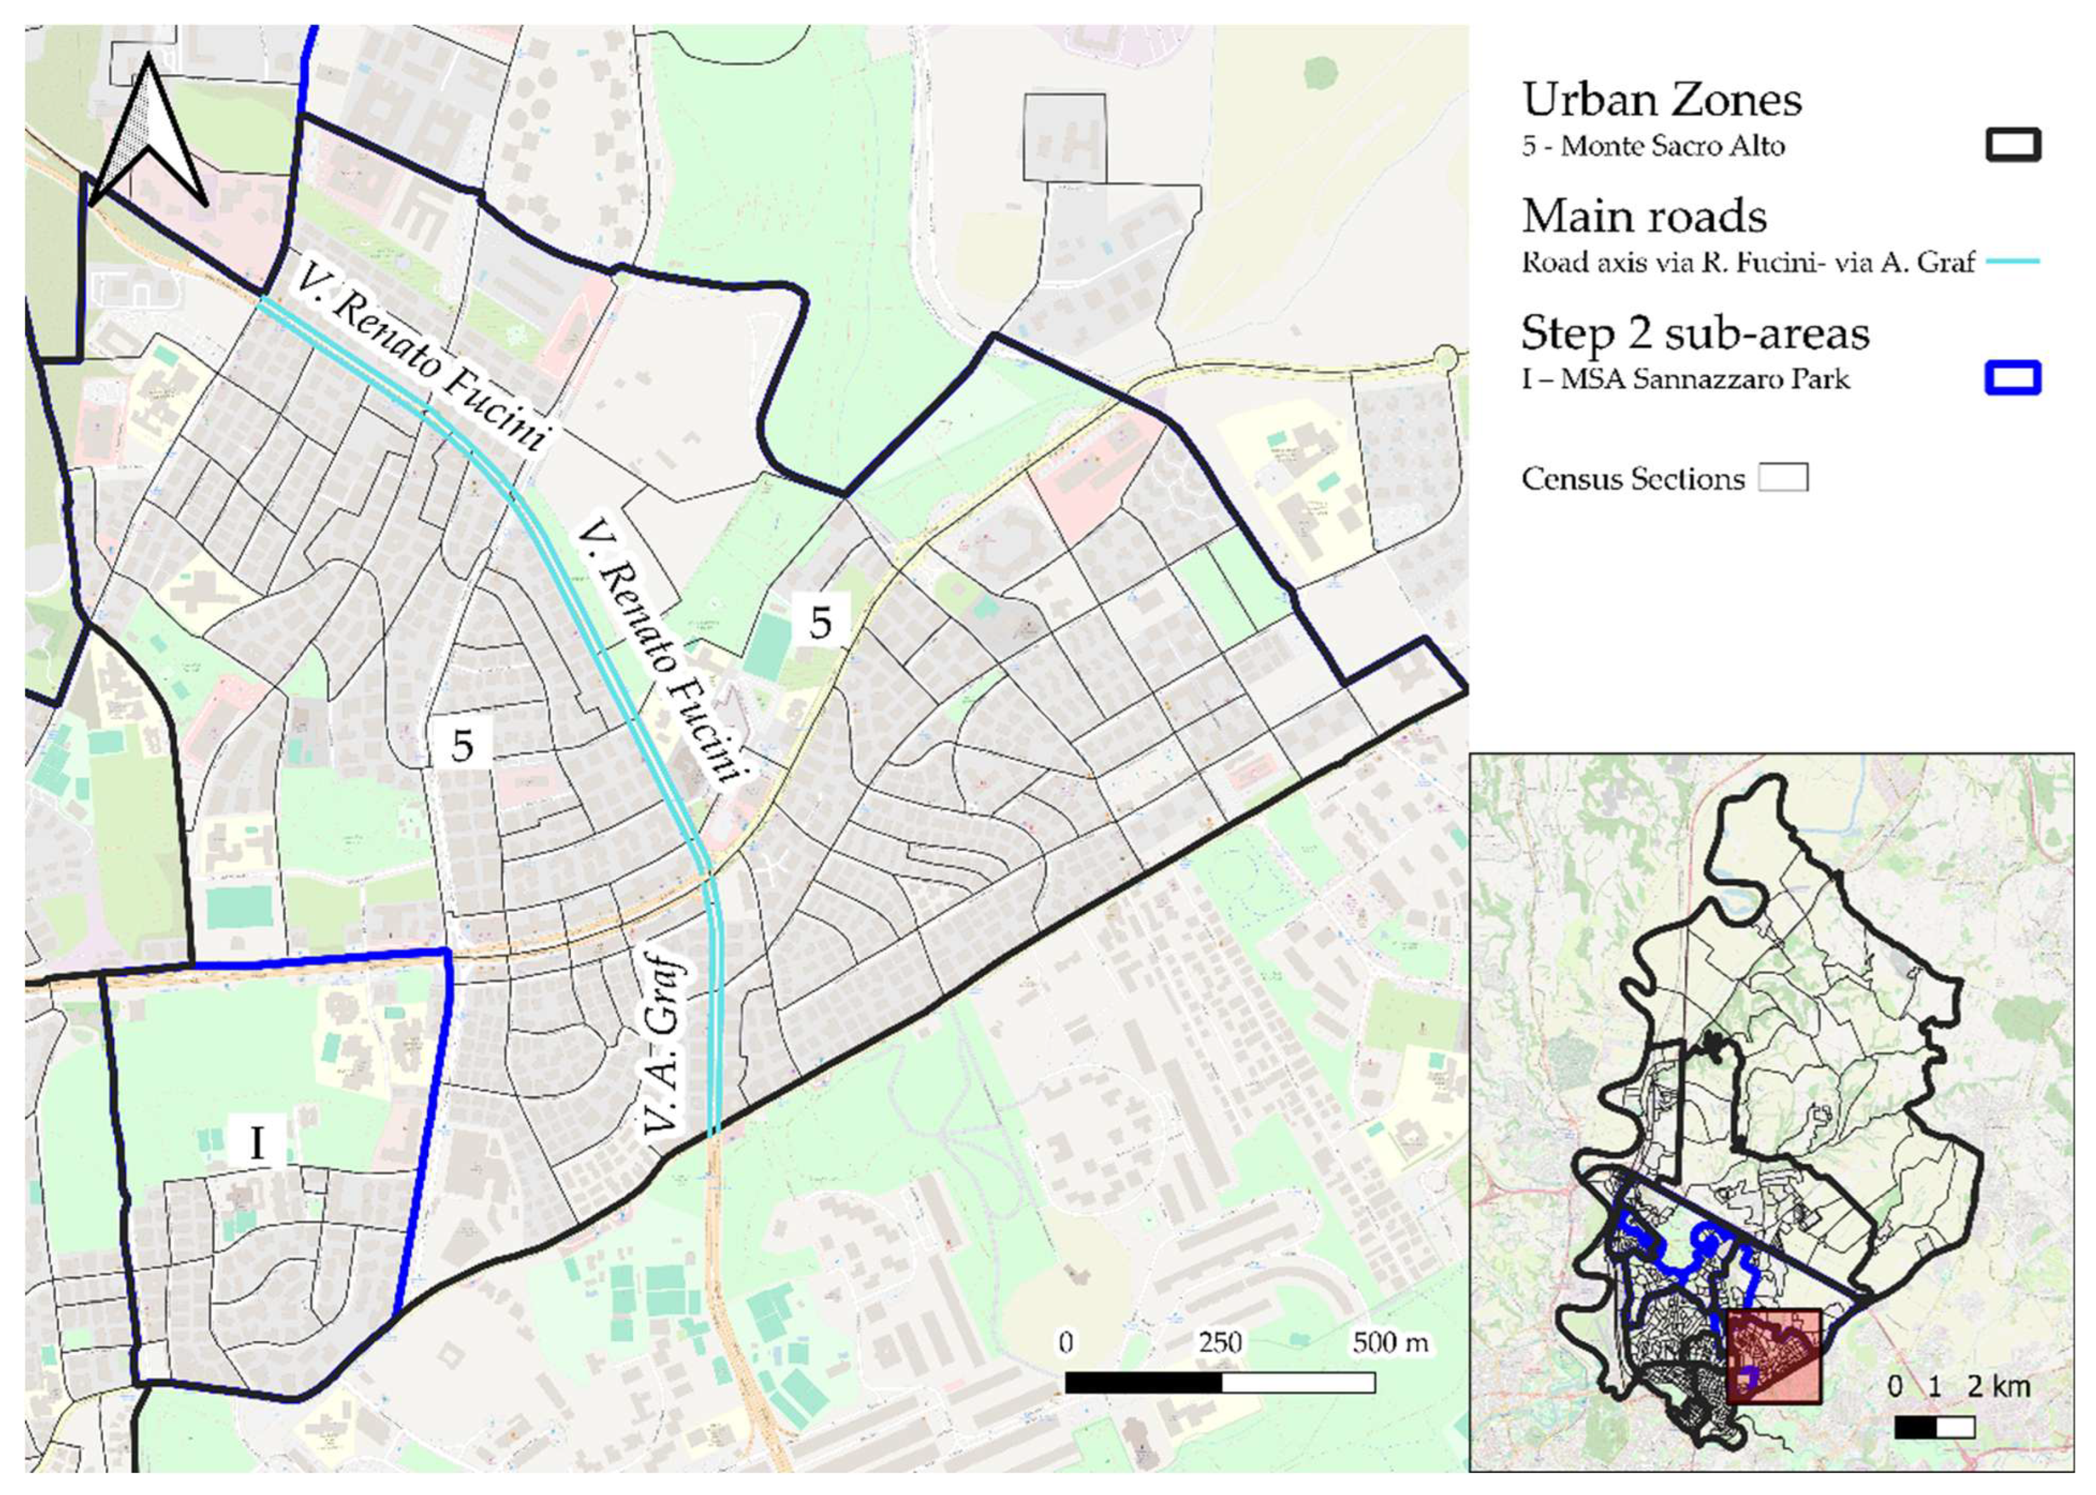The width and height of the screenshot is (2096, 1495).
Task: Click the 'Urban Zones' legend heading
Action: (x=1661, y=99)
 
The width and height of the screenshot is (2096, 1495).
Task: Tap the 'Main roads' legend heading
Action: (x=1644, y=217)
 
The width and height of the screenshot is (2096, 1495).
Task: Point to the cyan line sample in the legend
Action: (x=2013, y=262)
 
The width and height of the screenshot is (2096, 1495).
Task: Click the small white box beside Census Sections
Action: (x=1784, y=478)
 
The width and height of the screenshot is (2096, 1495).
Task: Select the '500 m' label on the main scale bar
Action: (x=1391, y=1343)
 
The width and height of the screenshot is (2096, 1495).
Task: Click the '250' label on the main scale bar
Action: (x=1220, y=1343)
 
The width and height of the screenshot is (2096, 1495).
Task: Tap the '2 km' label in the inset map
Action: (x=1998, y=1386)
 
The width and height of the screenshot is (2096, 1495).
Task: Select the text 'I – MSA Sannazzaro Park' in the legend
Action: (x=1685, y=379)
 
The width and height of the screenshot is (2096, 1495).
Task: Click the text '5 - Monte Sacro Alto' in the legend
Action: (x=1653, y=146)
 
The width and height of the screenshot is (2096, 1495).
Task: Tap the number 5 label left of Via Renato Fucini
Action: (x=463, y=745)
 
